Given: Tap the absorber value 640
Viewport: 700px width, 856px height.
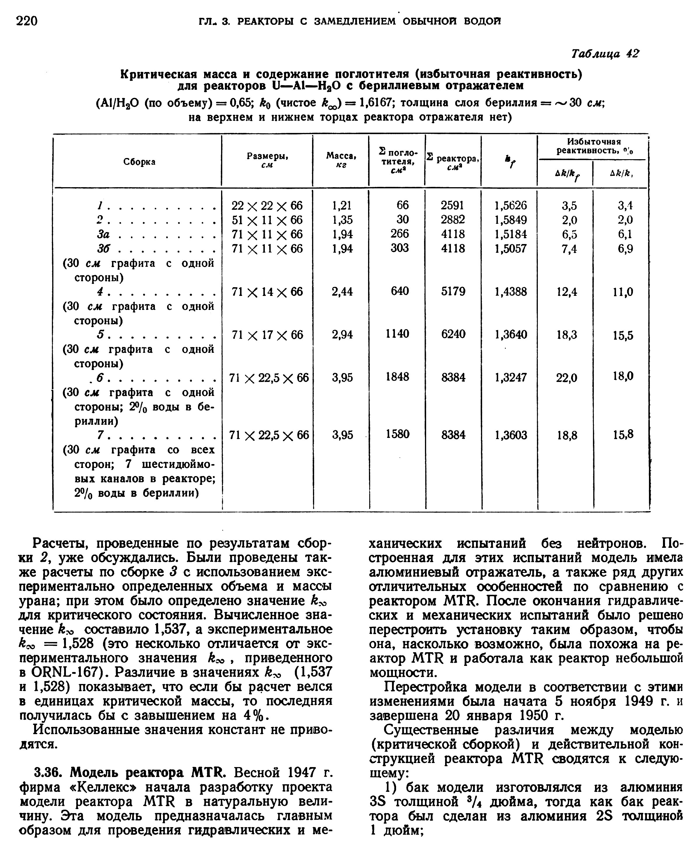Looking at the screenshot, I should [400, 291].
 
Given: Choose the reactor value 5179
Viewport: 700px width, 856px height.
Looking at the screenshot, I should [453, 291].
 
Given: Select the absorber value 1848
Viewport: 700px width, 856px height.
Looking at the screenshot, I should [397, 377].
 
